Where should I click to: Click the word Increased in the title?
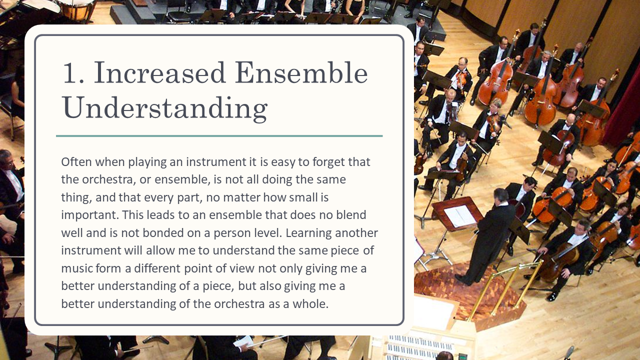[159, 73]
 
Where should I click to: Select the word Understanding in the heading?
[165, 108]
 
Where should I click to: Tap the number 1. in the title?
[73, 73]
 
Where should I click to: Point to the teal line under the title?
[219, 136]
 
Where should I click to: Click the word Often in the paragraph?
[76, 162]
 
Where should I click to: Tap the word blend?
[351, 215]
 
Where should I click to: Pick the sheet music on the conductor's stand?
[459, 215]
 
